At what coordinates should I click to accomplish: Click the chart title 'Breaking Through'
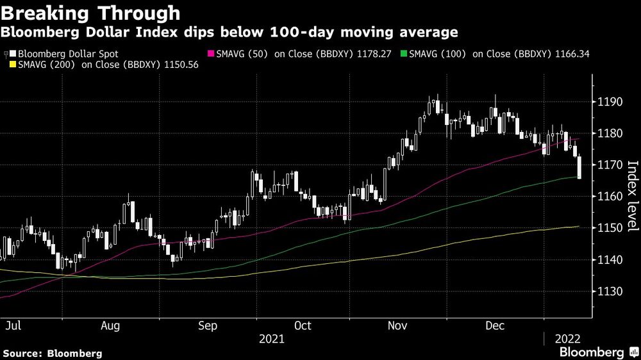point(90,13)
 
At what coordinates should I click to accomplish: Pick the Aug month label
point(110,325)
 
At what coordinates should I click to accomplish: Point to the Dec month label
point(494,325)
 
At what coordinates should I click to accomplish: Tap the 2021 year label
point(272,339)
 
